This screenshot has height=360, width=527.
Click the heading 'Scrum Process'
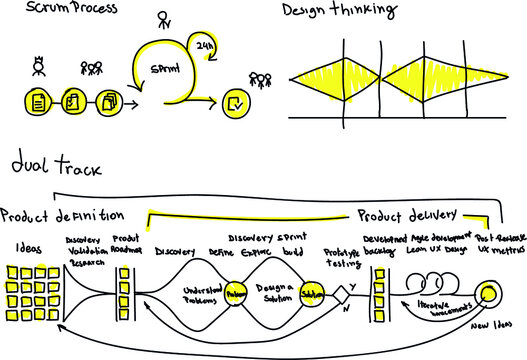59,9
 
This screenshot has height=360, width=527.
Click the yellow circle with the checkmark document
233,101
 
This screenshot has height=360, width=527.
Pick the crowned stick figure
38,69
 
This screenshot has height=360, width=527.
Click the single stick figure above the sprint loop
163,19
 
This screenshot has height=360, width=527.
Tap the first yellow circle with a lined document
37,101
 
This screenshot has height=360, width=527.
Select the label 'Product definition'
62,215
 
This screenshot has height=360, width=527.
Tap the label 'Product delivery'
407,213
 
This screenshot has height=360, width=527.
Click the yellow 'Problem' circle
236,295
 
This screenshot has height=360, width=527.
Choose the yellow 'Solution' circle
311,294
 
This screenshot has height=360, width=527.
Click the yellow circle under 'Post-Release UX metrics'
489,294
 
